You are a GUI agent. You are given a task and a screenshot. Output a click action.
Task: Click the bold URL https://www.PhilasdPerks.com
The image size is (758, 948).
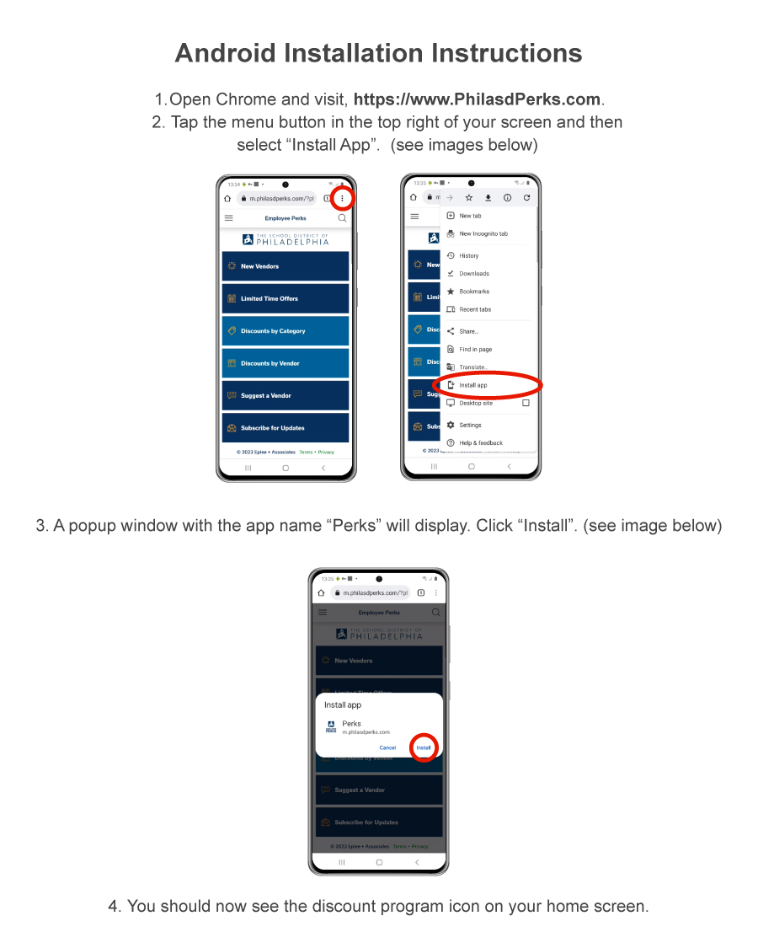point(478,99)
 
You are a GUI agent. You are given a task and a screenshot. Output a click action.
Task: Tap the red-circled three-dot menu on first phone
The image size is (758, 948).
point(342,199)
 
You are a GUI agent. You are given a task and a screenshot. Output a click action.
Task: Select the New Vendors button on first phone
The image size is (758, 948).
point(286,266)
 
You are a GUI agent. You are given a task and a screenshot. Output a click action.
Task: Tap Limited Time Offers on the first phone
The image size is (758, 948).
point(286,298)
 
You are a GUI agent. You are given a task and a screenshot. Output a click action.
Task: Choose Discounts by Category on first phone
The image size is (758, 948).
point(286,331)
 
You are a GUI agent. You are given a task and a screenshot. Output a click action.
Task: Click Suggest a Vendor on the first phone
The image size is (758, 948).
point(286,395)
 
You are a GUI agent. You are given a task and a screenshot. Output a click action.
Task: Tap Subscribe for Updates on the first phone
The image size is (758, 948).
point(286,427)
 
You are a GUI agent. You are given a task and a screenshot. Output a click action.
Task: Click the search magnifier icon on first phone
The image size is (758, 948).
point(342,218)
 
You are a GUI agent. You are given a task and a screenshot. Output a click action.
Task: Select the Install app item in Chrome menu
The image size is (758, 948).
point(473,385)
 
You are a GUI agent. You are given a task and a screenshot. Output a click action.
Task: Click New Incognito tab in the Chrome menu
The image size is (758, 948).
point(483,233)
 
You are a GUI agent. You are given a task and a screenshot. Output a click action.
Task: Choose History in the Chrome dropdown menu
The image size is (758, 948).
point(468,255)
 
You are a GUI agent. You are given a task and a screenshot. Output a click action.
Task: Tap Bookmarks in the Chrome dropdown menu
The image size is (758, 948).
point(473,292)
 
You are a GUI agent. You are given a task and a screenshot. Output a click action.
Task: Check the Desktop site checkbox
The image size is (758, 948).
point(526,403)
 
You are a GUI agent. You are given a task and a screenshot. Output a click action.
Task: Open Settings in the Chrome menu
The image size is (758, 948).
point(470,425)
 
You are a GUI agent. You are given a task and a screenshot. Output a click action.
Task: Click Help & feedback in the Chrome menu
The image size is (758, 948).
point(480,442)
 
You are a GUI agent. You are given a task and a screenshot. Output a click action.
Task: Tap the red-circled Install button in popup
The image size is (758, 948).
point(424,747)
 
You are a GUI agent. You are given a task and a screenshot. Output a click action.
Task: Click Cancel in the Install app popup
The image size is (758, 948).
point(387,747)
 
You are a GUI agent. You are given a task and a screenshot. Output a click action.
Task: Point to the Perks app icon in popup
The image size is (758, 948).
point(331,727)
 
